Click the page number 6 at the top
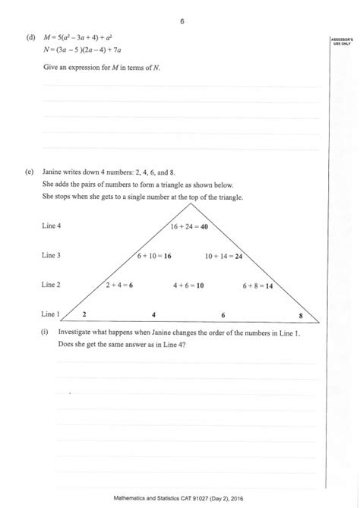point(182,21)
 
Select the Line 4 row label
point(52,226)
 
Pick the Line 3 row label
point(52,256)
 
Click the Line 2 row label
point(52,285)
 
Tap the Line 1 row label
point(51,314)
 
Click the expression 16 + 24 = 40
point(189,226)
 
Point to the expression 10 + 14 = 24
point(223,256)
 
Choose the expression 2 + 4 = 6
point(119,285)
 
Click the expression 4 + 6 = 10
point(189,285)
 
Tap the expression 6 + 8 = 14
point(258,285)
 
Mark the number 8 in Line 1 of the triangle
point(300,314)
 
